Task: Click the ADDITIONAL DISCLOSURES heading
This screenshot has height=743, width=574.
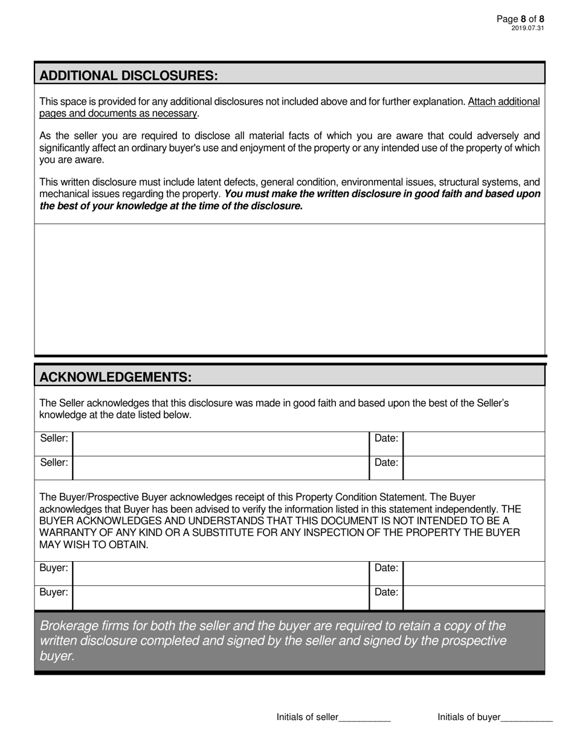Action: (x=128, y=76)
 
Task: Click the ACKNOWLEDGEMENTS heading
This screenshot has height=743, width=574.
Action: (x=115, y=377)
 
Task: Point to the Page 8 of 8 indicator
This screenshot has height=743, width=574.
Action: (x=520, y=19)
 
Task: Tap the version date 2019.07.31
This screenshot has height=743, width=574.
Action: (x=527, y=28)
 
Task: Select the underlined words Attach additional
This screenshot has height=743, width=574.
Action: (x=503, y=101)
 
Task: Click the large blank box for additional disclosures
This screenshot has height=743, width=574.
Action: (x=290, y=289)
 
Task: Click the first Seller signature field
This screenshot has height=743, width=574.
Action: (x=221, y=444)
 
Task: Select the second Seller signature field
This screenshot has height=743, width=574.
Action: (x=221, y=468)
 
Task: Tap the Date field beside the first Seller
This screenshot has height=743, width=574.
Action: (x=474, y=444)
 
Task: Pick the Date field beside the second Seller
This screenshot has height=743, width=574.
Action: (x=474, y=468)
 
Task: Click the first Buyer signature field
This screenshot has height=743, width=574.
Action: (x=221, y=574)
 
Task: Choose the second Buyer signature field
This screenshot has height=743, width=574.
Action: (x=221, y=598)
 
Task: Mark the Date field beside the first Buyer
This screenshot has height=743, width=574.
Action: (x=474, y=574)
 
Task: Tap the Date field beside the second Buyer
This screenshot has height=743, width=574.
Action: (x=474, y=598)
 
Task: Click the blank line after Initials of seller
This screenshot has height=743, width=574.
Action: (x=365, y=718)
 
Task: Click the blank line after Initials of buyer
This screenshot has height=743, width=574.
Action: (x=527, y=718)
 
